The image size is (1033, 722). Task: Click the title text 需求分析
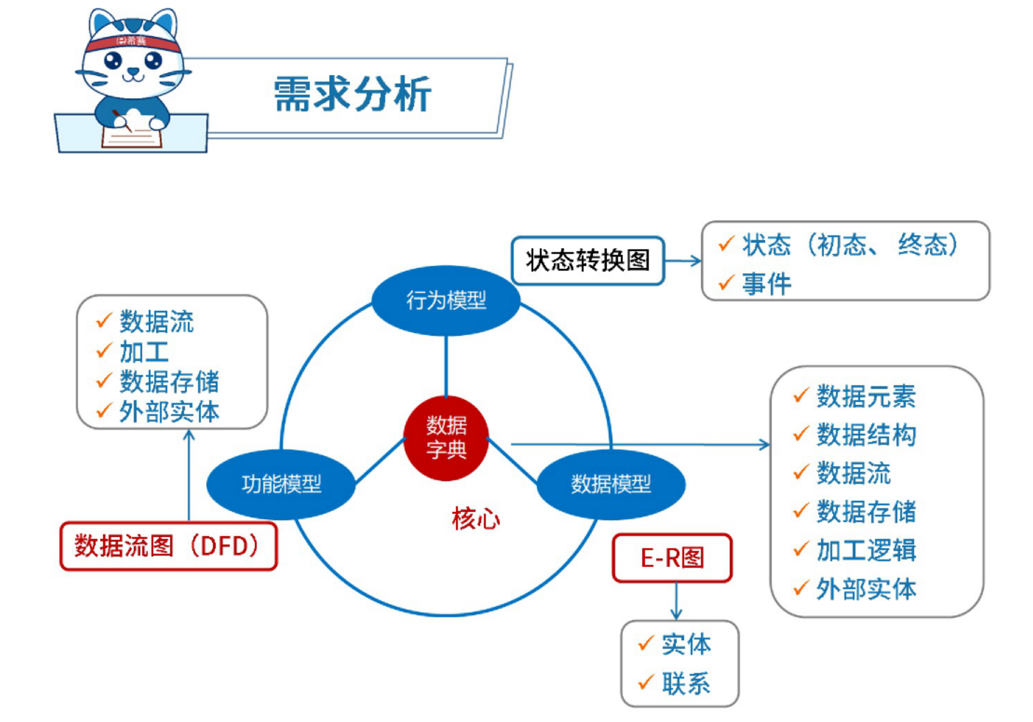pyautogui.click(x=352, y=94)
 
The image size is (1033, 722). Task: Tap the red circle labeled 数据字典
pyautogui.click(x=446, y=438)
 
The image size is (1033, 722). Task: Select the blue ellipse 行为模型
pyautogui.click(x=446, y=300)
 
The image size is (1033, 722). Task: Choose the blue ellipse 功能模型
pyautogui.click(x=281, y=484)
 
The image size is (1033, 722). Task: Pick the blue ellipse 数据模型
pyautogui.click(x=611, y=484)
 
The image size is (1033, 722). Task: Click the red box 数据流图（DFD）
pyautogui.click(x=168, y=546)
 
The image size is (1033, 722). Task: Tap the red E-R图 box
pyautogui.click(x=672, y=557)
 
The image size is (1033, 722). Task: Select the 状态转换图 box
pyautogui.click(x=587, y=260)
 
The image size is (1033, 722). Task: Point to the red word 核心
pyautogui.click(x=476, y=519)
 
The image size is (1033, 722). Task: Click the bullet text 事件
pyautogui.click(x=767, y=284)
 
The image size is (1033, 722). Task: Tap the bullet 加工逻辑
pyautogui.click(x=866, y=550)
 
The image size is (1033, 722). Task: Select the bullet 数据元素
pyautogui.click(x=866, y=396)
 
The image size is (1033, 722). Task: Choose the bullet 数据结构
pyautogui.click(x=866, y=435)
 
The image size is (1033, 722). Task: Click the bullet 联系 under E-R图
pyautogui.click(x=686, y=684)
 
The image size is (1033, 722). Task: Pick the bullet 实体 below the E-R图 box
pyautogui.click(x=686, y=644)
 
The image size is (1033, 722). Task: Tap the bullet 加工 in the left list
pyautogui.click(x=144, y=352)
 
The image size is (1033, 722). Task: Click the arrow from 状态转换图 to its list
pyautogui.click(x=683, y=261)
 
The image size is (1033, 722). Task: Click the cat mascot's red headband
pyautogui.click(x=132, y=42)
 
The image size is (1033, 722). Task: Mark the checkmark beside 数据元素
pyautogui.click(x=801, y=395)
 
